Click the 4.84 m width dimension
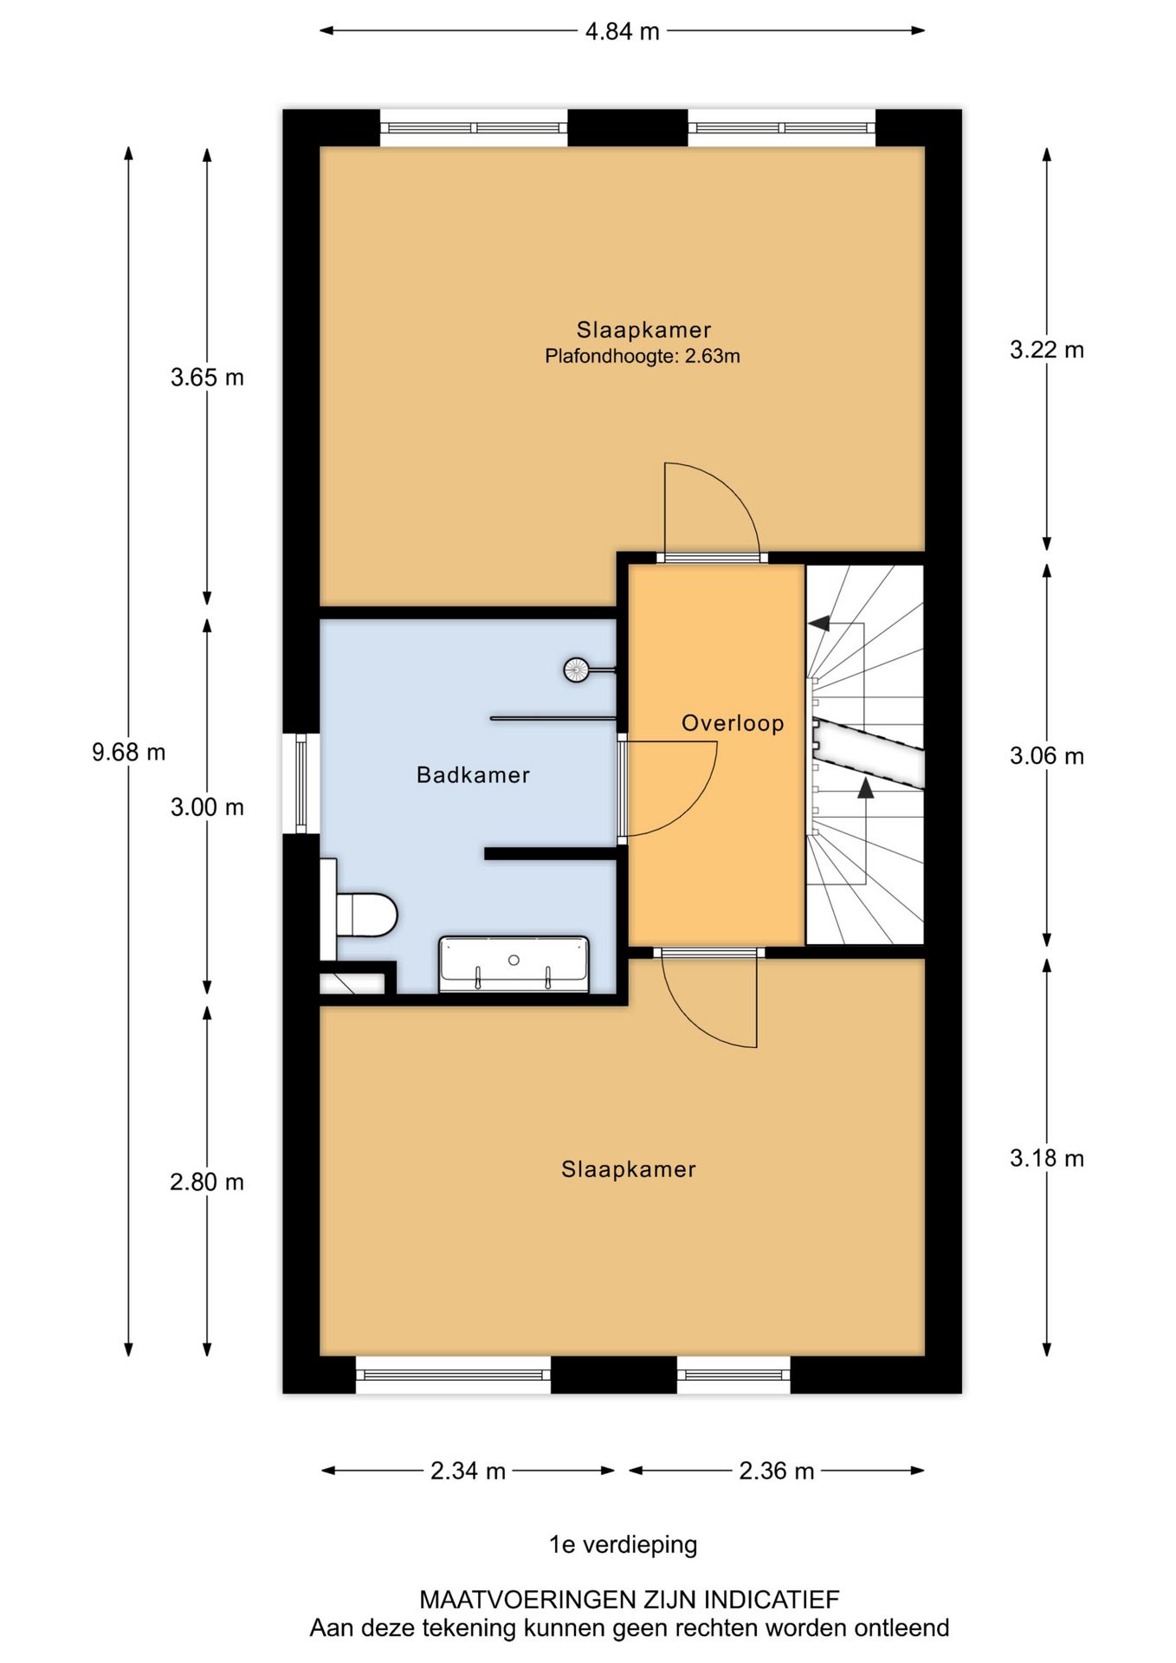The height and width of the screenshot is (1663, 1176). [622, 32]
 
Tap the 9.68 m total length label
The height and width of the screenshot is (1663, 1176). [128, 752]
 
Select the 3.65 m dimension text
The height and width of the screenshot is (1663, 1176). [207, 378]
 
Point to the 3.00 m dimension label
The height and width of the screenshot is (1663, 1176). [207, 807]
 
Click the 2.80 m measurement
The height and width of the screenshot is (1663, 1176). [207, 1182]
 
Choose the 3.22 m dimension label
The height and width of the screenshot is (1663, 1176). [1047, 350]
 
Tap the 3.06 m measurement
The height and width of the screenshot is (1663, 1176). [1047, 756]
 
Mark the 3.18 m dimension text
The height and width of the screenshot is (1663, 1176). [1047, 1158]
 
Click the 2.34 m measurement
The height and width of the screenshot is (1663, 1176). [468, 1471]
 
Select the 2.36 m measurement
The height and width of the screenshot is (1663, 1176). [777, 1471]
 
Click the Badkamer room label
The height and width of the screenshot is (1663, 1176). [473, 774]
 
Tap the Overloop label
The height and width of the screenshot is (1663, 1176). [733, 723]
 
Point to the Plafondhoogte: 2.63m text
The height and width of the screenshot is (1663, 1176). [643, 356]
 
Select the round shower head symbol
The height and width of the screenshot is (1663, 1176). [577, 670]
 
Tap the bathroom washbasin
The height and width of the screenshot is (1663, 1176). [514, 963]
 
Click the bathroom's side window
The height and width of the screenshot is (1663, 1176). [301, 783]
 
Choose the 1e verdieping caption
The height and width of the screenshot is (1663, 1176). [623, 1544]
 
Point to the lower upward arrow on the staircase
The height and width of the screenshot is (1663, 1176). [865, 787]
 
